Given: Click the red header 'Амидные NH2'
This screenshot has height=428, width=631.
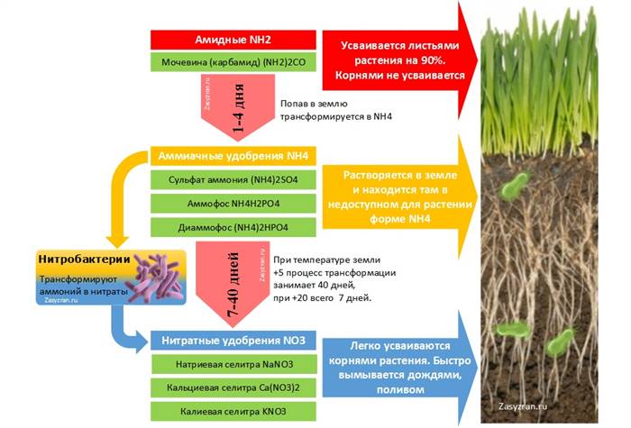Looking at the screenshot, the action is [x=233, y=40].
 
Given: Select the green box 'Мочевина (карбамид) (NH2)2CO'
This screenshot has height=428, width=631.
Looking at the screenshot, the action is [x=233, y=62].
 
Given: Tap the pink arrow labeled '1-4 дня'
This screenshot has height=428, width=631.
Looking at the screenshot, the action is [x=238, y=107].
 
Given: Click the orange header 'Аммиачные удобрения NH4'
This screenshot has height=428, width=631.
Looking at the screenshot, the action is [x=233, y=156].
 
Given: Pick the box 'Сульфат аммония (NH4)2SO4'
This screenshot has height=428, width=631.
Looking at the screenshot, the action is [x=233, y=180].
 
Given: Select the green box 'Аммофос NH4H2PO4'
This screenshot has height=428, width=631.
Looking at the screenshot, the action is [x=233, y=204].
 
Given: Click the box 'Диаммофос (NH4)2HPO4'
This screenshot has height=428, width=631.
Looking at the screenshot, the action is [x=233, y=227].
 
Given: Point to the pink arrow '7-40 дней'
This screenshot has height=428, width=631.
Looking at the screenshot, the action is [x=233, y=284].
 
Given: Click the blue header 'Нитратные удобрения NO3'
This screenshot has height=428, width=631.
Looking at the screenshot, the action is [x=233, y=341].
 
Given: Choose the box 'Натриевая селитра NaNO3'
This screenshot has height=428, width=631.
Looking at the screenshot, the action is [x=233, y=364].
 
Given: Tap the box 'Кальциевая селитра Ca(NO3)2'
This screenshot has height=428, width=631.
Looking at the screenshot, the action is [x=233, y=387].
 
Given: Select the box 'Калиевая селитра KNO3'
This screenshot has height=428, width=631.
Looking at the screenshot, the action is [x=233, y=412].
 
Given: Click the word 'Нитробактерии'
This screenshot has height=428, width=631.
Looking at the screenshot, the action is [x=84, y=260].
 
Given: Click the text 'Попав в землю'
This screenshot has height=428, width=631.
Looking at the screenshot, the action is [x=314, y=104].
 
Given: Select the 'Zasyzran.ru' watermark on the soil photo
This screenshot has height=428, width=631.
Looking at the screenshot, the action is [x=522, y=405].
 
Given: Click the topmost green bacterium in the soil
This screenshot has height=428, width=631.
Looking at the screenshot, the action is [x=514, y=186].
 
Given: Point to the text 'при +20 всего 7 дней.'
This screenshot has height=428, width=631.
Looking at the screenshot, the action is [x=323, y=298].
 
